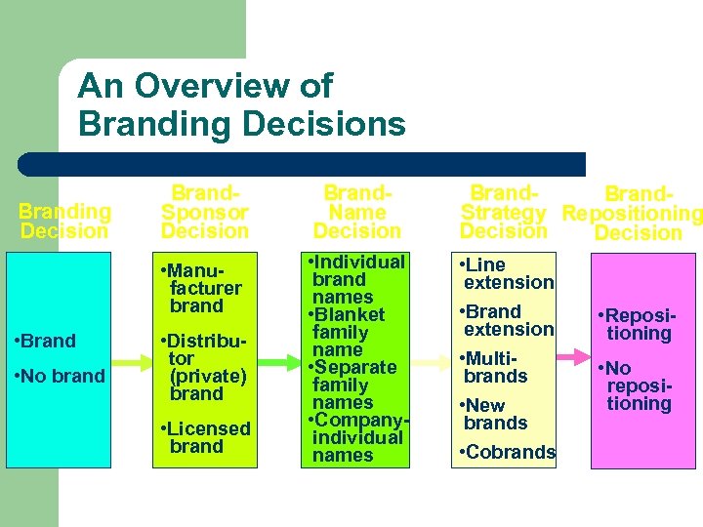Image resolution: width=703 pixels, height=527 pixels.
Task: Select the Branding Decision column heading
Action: pos(64,222)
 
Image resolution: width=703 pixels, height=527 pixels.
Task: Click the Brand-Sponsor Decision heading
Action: pos(205,212)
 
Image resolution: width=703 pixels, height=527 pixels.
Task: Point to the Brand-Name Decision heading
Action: pos(356,212)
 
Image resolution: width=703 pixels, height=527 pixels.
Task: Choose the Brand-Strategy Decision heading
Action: pos(503,212)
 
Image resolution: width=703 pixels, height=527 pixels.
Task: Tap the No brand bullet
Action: pos(62,376)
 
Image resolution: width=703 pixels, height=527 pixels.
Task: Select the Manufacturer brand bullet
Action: pos(201,288)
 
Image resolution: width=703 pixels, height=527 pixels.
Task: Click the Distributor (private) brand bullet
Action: pos(203,367)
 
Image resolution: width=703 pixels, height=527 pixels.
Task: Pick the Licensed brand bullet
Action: pos(205,437)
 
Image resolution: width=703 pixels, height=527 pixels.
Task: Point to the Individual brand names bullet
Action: pos(355,279)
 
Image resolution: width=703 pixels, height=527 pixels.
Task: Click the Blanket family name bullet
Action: pos(349,332)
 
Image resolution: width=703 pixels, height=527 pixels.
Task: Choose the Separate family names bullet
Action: pos(353,385)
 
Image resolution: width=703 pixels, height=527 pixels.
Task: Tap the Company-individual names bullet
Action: pos(355,437)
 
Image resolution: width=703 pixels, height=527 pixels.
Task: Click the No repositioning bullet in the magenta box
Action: pos(637,385)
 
